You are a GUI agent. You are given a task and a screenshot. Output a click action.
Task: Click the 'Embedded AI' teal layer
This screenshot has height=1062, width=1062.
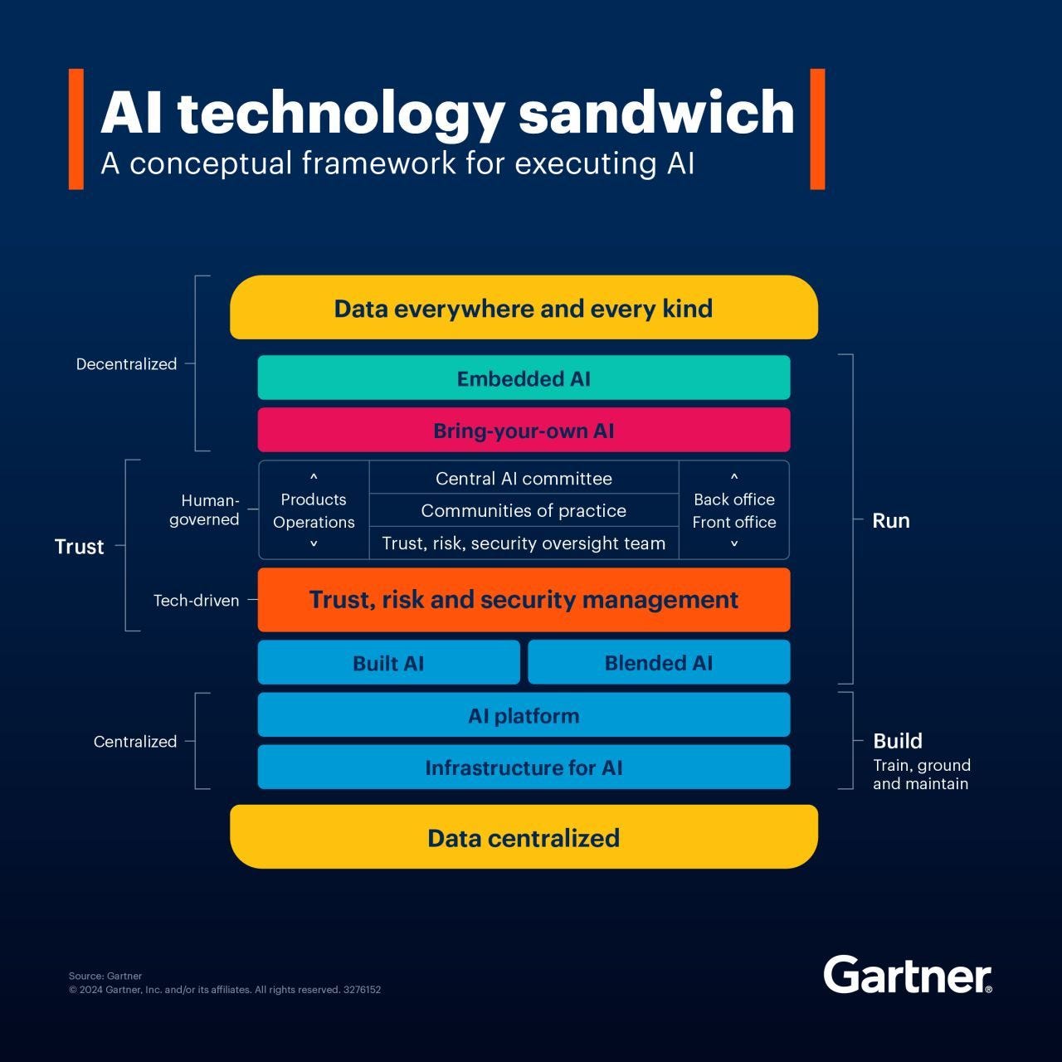[x=524, y=378]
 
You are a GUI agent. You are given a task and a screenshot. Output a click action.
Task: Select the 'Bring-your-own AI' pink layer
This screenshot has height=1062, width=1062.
[x=524, y=431]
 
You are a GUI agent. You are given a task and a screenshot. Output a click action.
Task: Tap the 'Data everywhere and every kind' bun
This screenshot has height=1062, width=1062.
[x=524, y=309]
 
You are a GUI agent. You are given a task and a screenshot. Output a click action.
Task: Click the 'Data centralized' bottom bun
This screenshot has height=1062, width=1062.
[x=524, y=837]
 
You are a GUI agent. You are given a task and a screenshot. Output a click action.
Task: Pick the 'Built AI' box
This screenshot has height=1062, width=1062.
[x=388, y=663]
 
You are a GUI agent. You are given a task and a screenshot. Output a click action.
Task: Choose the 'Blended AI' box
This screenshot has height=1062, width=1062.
[x=659, y=663]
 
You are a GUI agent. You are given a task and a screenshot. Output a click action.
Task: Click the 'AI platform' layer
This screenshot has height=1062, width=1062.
[x=524, y=715]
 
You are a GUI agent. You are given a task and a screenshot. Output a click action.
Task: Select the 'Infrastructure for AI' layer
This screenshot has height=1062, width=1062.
[x=524, y=767]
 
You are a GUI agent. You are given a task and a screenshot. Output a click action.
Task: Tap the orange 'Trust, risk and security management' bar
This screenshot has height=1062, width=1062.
[x=524, y=600]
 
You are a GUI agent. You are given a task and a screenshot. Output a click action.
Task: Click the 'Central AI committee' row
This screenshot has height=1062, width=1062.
[x=524, y=479]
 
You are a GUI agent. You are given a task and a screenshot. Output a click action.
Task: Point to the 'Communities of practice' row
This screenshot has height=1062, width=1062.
[x=524, y=510]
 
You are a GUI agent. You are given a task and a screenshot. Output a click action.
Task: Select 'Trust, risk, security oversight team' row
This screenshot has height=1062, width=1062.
[x=524, y=543]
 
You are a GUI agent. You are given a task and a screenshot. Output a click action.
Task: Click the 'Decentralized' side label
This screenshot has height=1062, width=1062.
[x=126, y=364]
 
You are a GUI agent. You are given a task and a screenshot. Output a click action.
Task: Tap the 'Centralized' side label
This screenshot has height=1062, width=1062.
[x=134, y=742]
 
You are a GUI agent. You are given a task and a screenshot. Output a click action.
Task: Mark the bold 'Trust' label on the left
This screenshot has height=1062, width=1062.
[x=79, y=547]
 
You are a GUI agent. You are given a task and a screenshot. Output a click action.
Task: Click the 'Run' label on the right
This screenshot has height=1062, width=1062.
[x=890, y=521]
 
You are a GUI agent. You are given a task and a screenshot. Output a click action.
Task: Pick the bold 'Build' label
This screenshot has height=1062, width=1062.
[x=897, y=741]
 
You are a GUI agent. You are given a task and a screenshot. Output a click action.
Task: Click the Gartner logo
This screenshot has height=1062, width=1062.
[x=907, y=975]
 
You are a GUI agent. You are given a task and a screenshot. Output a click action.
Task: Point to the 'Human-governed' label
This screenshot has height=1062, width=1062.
[x=205, y=509]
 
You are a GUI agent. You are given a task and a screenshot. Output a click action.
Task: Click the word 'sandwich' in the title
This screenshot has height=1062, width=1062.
[x=656, y=113]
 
